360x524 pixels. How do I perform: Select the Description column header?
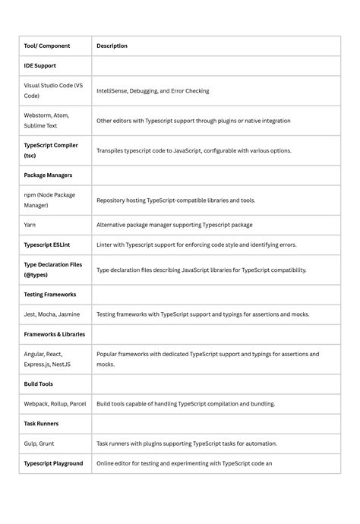coord(112,46)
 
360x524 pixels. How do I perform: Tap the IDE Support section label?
coord(39,66)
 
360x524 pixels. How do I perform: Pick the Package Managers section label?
coord(48,175)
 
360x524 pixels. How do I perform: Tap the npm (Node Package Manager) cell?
coord(49,200)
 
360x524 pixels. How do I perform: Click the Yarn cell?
coord(30,225)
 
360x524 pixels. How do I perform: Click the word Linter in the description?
coord(106,245)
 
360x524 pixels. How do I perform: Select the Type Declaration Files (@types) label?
coord(53,270)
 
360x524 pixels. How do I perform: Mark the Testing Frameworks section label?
coord(49,294)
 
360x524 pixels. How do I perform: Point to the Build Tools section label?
coord(39,384)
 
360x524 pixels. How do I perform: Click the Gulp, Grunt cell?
coord(39,444)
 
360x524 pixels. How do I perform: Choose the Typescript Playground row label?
coord(53,463)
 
